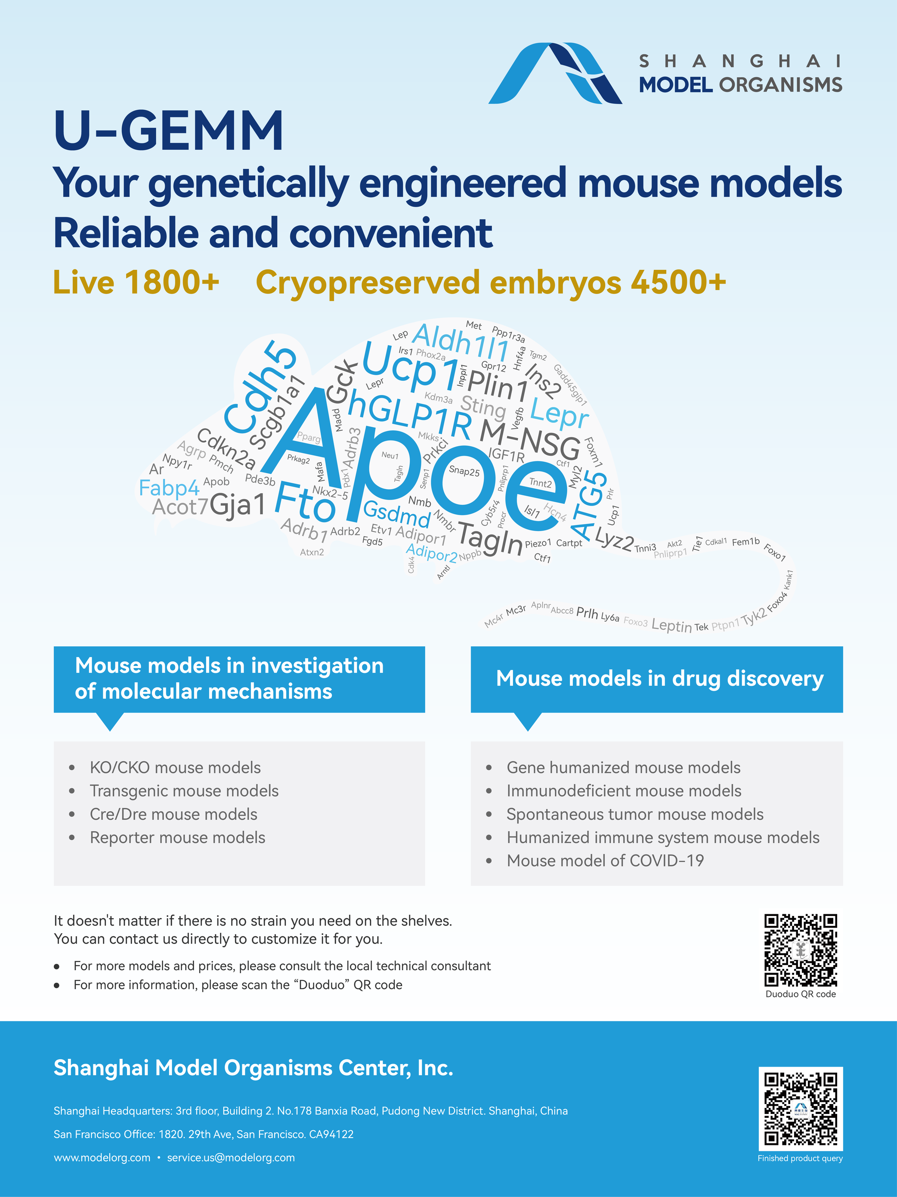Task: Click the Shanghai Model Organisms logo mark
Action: coord(555,73)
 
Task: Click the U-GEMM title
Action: coord(168,130)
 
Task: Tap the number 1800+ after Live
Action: coord(172,283)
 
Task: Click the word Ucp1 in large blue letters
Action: coord(410,367)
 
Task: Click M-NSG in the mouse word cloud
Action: coord(531,439)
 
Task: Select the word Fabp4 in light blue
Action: coord(170,488)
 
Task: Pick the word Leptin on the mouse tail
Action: coord(671,626)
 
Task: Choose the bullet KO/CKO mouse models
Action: coord(175,767)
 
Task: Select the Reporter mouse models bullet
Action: coord(178,837)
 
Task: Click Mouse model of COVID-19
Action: coord(605,861)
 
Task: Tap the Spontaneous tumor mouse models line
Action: coord(635,814)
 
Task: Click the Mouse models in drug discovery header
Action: coord(659,679)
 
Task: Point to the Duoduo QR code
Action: coord(801,950)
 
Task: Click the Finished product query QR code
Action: coord(801,1109)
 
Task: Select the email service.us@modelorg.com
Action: coord(231,1157)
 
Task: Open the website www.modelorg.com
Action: coord(102,1157)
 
